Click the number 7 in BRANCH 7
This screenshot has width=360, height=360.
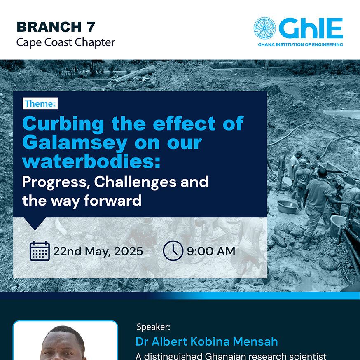click(x=91, y=27)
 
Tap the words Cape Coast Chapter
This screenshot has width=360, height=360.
click(x=65, y=42)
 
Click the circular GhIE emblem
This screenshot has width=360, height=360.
click(x=264, y=28)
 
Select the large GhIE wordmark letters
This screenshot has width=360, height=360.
click(x=311, y=28)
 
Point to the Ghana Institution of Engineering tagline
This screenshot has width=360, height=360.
click(x=300, y=44)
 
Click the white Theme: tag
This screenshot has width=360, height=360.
click(x=40, y=103)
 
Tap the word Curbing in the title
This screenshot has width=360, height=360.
click(x=63, y=124)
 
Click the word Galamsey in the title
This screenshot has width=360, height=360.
click(x=75, y=143)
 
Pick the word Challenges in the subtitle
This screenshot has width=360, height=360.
click(x=135, y=182)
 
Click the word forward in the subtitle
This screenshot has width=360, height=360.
click(x=113, y=201)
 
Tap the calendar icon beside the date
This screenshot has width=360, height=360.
click(x=40, y=251)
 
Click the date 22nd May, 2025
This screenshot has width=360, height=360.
click(x=98, y=251)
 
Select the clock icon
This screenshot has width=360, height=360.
click(x=173, y=251)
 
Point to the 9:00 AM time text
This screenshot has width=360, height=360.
click(x=211, y=251)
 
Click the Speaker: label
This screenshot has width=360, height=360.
click(x=153, y=327)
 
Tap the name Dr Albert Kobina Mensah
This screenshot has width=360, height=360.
click(x=207, y=341)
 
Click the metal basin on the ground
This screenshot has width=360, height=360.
click(x=288, y=207)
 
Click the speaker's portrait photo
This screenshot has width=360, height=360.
click(x=65, y=341)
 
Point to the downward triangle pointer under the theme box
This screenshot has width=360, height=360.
click(x=35, y=223)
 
